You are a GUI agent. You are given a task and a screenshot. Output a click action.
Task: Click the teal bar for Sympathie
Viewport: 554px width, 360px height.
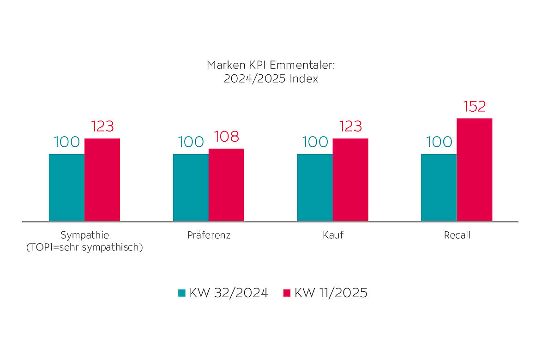66,187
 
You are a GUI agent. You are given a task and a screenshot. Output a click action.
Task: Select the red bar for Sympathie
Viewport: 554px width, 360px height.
102,180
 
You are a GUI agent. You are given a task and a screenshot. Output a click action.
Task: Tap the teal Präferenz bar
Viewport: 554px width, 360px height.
191,187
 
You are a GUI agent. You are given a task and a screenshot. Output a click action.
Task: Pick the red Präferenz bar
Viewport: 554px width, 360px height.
226,185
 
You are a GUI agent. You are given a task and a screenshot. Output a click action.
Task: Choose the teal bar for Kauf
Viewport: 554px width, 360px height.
314,187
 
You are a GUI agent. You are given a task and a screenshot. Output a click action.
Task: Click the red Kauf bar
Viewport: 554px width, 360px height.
350,180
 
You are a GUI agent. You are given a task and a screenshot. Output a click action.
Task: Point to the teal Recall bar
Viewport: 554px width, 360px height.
439,187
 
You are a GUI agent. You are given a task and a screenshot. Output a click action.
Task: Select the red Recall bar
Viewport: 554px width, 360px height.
474,169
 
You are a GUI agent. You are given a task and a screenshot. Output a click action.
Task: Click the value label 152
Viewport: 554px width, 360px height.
474,107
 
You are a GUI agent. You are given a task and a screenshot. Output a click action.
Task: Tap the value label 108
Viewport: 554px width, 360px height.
226,137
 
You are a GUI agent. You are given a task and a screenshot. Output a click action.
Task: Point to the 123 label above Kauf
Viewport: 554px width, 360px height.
350,126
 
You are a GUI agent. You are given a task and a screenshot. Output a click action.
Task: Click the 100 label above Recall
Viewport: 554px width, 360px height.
439,142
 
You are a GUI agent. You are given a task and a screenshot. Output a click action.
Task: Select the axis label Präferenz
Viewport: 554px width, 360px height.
209,235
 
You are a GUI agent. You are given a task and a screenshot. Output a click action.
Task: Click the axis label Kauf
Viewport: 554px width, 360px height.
333,235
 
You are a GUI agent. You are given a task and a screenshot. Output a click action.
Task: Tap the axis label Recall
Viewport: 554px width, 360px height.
457,235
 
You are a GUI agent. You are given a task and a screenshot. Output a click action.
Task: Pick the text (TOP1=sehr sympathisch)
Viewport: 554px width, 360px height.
84,247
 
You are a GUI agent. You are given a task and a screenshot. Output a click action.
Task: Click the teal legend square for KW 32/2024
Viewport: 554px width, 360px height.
182,293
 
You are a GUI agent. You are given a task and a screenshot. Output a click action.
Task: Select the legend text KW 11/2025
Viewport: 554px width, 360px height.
331,293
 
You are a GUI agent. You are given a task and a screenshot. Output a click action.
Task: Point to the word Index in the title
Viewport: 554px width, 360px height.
304,79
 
